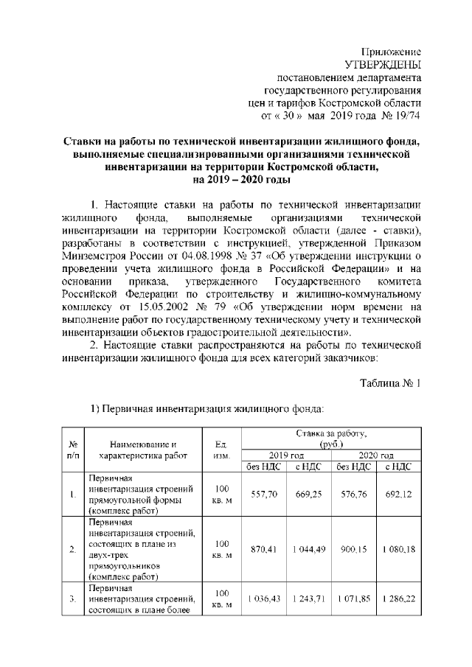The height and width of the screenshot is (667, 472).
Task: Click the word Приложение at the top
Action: click(390, 52)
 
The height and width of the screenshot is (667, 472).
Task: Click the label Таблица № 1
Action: click(390, 383)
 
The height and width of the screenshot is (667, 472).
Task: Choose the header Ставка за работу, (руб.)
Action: click(331, 440)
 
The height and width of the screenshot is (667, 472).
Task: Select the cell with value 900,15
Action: click(354, 549)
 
